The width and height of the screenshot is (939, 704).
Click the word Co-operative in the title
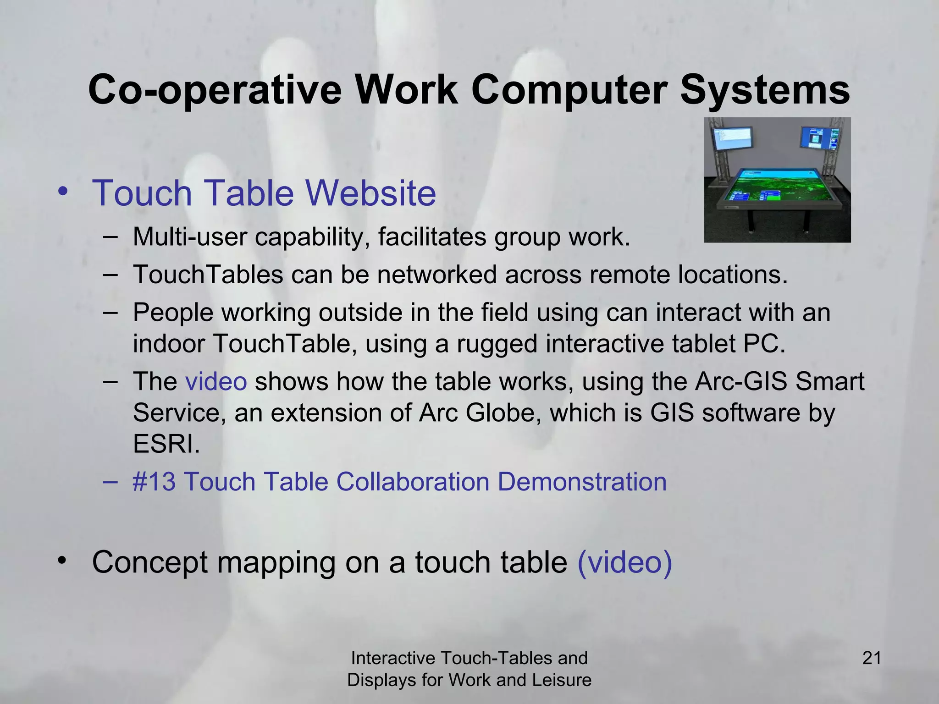tap(215, 90)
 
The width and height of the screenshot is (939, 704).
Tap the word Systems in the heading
tap(764, 90)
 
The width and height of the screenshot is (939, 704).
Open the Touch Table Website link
tap(264, 193)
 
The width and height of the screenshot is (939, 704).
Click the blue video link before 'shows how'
tap(216, 381)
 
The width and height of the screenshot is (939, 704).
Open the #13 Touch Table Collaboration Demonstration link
tap(399, 482)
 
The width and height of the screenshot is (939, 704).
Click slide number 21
tap(872, 658)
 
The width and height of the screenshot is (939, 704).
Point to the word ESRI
tap(166, 444)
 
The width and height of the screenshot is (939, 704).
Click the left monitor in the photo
tap(732, 139)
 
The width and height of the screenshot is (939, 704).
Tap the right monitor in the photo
tap(819, 138)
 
